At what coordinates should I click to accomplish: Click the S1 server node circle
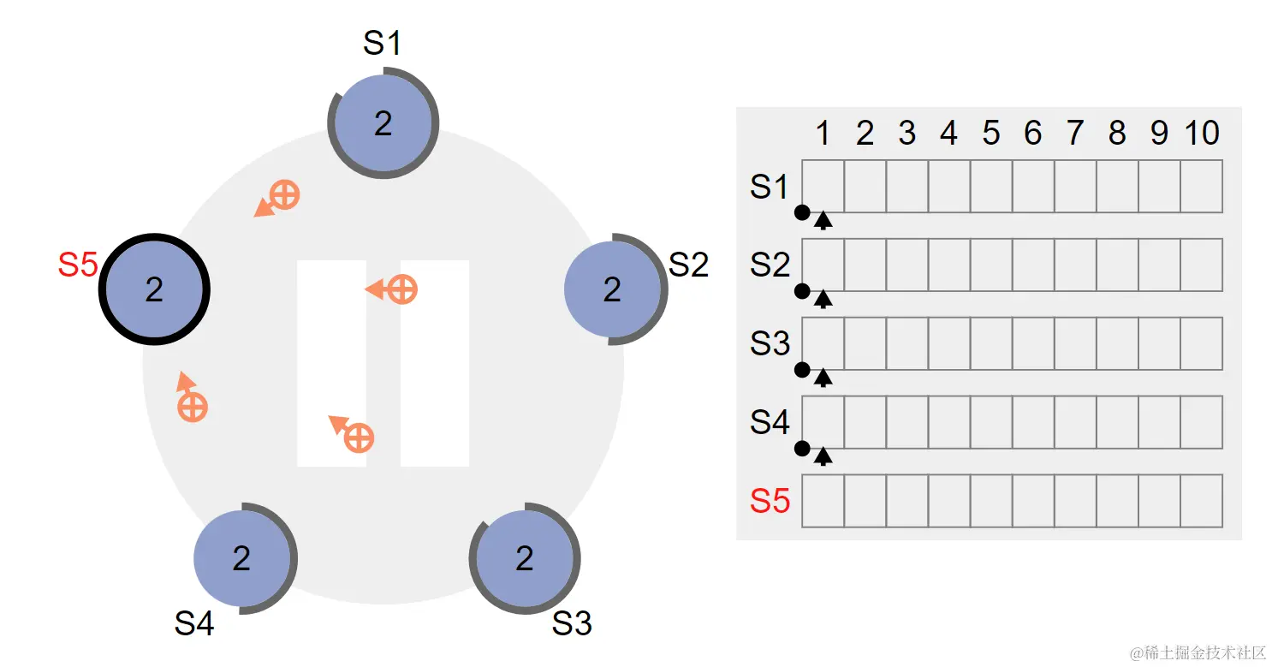(x=383, y=123)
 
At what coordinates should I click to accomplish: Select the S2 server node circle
(x=613, y=289)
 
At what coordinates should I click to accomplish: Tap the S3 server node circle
(x=525, y=558)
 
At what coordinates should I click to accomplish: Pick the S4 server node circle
(x=242, y=558)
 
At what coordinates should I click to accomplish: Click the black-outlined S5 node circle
(x=154, y=289)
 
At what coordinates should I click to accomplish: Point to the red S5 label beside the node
(x=78, y=265)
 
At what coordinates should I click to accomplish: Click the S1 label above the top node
(x=382, y=43)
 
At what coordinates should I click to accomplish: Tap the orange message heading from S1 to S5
(x=277, y=199)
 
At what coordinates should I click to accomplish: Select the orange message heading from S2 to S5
(x=392, y=289)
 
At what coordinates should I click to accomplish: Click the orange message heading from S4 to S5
(x=191, y=397)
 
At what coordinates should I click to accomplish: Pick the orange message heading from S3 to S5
(x=352, y=434)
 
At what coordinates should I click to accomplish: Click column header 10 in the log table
(x=1202, y=133)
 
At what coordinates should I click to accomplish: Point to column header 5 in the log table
(x=991, y=133)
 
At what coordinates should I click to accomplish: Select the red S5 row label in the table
(x=770, y=501)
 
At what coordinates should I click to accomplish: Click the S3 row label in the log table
(x=770, y=343)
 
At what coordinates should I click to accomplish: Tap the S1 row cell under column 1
(x=823, y=187)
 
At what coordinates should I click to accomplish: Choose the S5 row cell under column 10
(x=1202, y=501)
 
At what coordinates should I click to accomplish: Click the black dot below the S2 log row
(x=802, y=291)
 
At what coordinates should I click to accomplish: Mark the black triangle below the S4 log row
(x=823, y=456)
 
